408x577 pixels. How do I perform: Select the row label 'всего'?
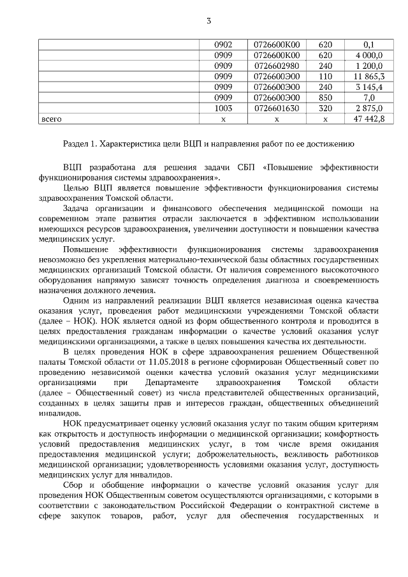coord(52,119)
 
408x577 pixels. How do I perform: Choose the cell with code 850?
coord(325,98)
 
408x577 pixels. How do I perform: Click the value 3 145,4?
coord(368,87)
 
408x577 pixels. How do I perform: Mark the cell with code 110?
coord(325,77)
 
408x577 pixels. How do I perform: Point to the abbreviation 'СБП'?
coord(242,167)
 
